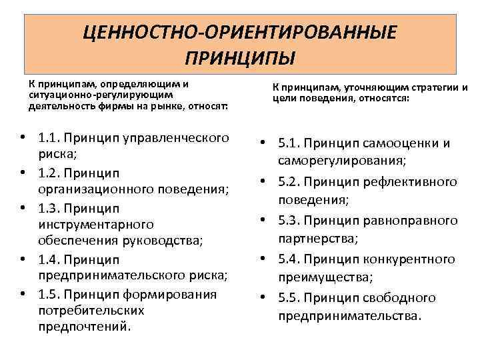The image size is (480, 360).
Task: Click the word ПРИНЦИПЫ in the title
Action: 240,56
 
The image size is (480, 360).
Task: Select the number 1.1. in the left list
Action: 51,138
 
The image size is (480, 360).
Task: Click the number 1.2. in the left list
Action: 51,173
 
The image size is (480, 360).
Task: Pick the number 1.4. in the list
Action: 51,259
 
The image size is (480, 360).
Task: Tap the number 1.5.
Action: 51,294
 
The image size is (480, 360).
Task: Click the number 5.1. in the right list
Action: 291,143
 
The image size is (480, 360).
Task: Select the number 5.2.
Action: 291,181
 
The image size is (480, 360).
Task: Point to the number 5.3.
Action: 291,220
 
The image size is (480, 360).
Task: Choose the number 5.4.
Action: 291,259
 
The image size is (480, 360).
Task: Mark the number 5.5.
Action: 291,297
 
